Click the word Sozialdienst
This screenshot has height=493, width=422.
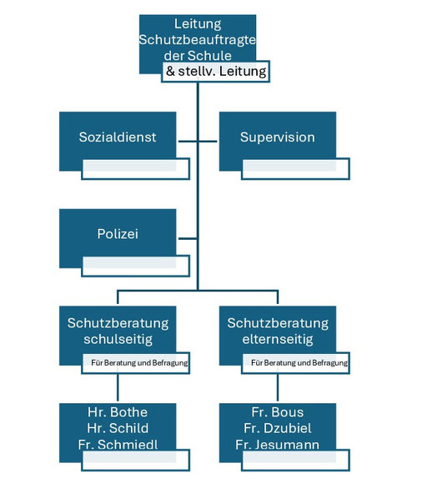118,137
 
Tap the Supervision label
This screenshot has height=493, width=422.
278,137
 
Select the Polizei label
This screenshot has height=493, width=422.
118,234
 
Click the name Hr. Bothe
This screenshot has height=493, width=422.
118,412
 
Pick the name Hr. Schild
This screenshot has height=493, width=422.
118,428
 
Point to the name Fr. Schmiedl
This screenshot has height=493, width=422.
118,444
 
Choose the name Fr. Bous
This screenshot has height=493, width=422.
278,412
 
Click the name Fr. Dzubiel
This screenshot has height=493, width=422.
278,428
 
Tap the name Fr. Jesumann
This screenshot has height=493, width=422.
277,444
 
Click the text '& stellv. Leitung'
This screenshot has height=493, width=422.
216,72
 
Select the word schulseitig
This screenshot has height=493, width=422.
118,340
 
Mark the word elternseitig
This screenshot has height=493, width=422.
278,340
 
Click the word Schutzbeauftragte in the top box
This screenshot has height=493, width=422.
198,40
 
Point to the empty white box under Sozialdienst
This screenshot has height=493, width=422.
136,169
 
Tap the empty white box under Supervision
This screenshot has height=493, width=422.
296,169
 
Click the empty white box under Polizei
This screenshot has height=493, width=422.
136,266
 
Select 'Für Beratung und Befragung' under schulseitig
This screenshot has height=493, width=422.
139,363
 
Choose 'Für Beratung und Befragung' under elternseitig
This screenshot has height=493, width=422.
299,363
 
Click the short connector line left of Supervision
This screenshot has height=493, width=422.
208,142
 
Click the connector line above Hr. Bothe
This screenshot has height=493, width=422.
118,387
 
